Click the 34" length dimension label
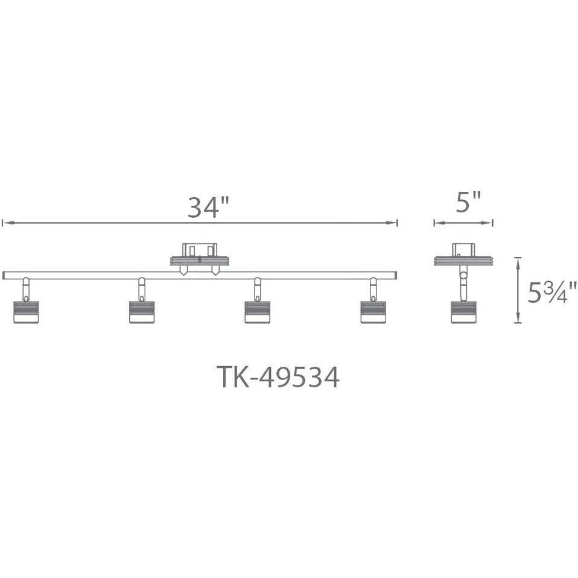tap(209, 207)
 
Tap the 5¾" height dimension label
tap(553, 292)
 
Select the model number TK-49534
tap(278, 376)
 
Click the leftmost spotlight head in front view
tap(26, 312)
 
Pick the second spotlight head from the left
tap(142, 312)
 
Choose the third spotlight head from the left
tap(258, 312)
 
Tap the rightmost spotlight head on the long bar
tap(373, 312)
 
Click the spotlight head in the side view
tap(464, 312)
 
